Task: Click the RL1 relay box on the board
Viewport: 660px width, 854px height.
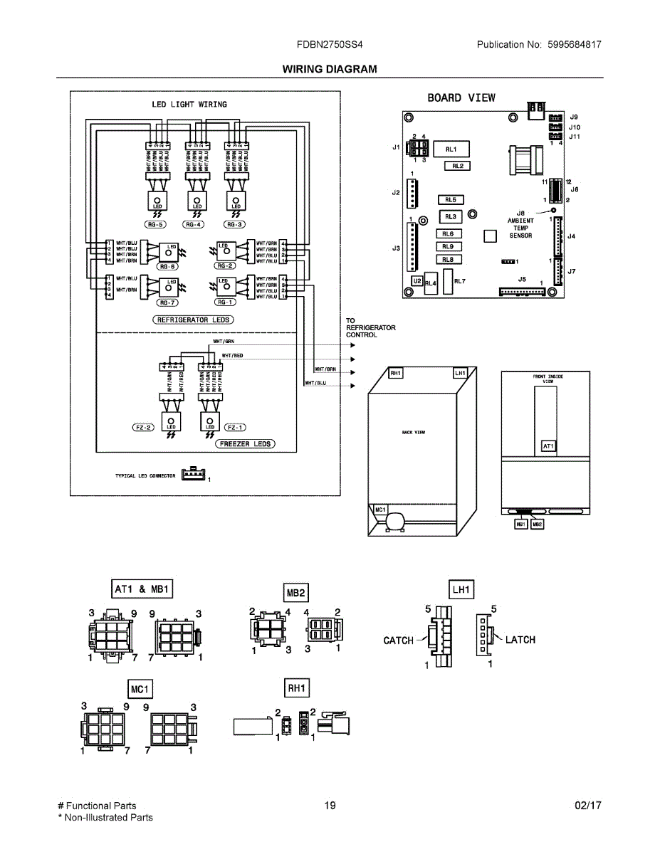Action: [451, 149]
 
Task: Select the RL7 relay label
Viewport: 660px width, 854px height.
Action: [459, 281]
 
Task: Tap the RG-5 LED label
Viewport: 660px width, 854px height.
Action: [156, 224]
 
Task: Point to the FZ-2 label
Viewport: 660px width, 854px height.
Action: [143, 428]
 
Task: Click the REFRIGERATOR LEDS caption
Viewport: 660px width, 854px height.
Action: [194, 320]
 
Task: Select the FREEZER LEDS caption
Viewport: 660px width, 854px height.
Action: [246, 443]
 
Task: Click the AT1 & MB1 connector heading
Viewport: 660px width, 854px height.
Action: [143, 589]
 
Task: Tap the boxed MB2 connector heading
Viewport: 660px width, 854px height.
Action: [296, 592]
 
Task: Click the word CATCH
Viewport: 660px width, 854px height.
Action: [399, 640]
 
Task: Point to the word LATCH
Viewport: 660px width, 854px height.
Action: [520, 640]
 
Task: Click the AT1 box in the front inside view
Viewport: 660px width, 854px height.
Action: [548, 446]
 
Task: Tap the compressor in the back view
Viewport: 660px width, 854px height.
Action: [392, 524]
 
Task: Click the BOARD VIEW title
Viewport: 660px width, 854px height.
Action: [461, 97]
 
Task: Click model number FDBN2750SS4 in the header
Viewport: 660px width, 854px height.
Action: [330, 44]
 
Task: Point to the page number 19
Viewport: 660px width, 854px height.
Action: [330, 806]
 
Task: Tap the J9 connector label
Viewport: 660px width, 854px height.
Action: [573, 117]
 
